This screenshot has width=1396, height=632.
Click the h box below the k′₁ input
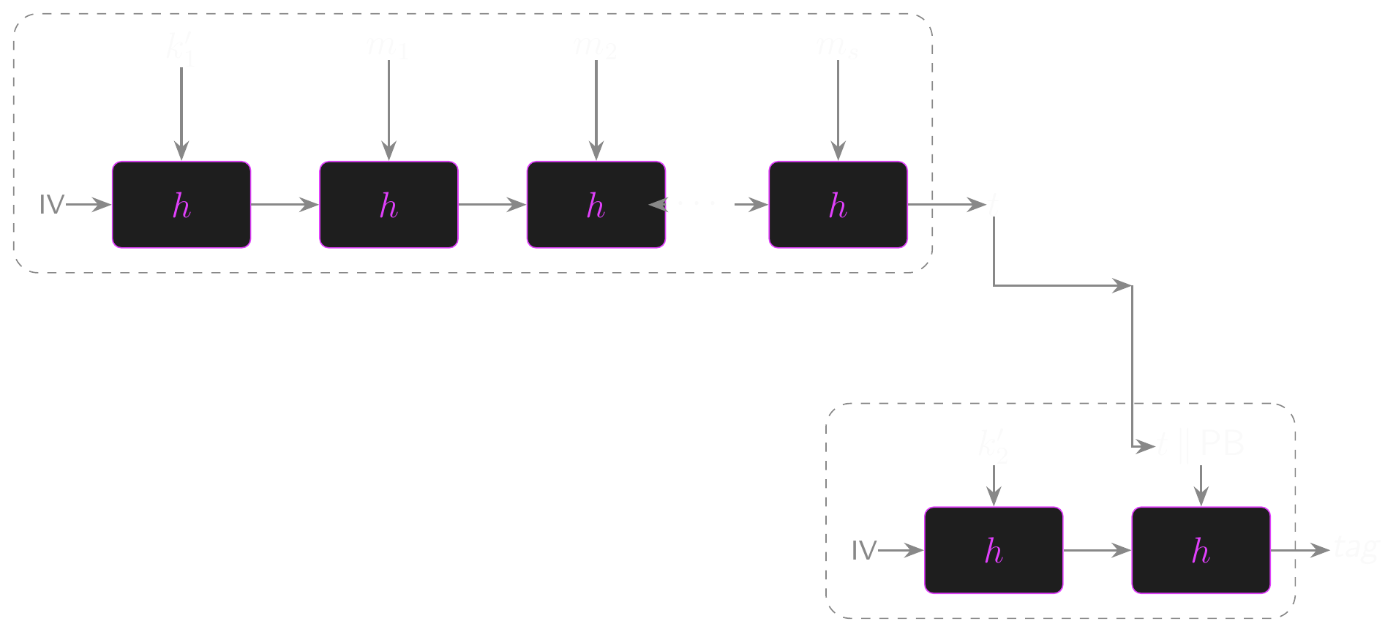click(x=181, y=205)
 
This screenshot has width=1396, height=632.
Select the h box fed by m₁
click(x=389, y=205)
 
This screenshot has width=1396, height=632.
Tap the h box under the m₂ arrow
click(x=596, y=205)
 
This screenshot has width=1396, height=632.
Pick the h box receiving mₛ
click(x=838, y=205)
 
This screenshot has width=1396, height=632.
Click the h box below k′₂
click(x=994, y=550)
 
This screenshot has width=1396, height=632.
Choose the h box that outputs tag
click(x=1201, y=550)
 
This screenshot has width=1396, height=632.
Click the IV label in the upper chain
click(x=52, y=205)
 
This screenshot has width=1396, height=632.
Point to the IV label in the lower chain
click(x=864, y=550)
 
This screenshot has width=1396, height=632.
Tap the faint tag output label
click(x=1356, y=546)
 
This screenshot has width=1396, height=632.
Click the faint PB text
click(x=1222, y=443)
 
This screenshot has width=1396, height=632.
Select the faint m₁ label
click(x=388, y=46)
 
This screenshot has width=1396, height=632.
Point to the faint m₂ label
click(x=596, y=46)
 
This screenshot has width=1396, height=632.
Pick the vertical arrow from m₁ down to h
click(x=389, y=110)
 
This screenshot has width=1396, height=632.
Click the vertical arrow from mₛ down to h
click(x=838, y=110)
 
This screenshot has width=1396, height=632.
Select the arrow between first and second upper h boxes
click(x=285, y=205)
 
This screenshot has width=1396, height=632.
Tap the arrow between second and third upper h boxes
click(x=492, y=205)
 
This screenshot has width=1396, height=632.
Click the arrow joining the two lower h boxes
click(x=1097, y=550)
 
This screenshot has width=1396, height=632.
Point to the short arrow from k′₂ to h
click(x=994, y=485)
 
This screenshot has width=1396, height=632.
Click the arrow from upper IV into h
click(x=89, y=205)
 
